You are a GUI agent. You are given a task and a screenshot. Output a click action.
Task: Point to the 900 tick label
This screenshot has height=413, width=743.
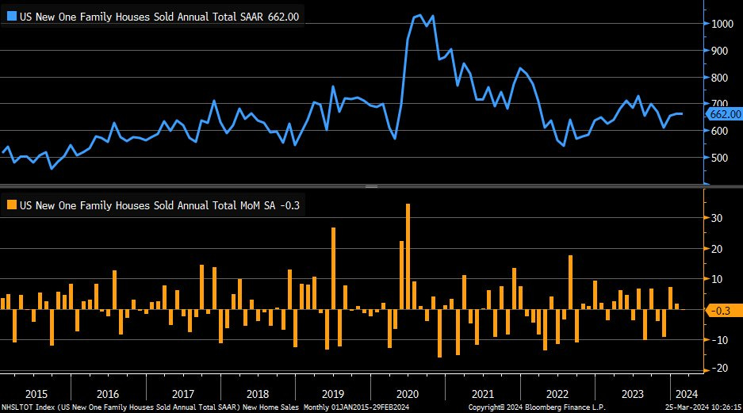(x=718, y=51)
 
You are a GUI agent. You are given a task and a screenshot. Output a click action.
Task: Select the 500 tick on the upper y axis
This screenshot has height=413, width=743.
(x=718, y=158)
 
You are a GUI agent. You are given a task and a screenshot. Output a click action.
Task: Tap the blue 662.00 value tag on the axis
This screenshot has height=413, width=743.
(x=723, y=115)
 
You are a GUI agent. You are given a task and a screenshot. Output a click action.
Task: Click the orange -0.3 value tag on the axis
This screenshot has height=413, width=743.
(x=722, y=312)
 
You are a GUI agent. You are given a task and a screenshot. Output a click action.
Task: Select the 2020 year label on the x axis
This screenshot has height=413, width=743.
(x=407, y=394)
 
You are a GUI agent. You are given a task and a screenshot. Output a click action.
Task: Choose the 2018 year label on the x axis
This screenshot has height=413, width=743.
(x=258, y=394)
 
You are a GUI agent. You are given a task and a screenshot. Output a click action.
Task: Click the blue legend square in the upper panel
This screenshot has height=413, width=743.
(x=10, y=16)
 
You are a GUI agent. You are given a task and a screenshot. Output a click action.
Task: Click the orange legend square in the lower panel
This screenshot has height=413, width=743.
(x=10, y=205)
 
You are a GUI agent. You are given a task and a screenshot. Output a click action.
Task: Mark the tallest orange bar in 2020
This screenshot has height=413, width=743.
(x=408, y=256)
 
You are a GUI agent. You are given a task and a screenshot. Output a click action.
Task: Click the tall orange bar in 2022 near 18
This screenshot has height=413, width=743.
(x=570, y=282)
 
